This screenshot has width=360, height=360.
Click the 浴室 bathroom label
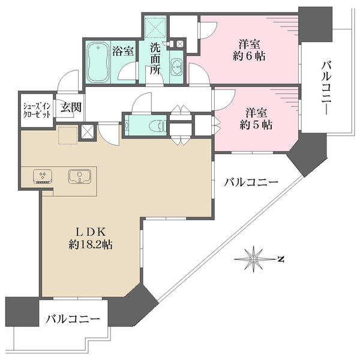123,52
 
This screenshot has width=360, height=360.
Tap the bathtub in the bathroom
97,63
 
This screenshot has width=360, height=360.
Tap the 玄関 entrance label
70,108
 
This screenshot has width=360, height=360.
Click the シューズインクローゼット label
37,111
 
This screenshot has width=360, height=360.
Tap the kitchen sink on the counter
80,176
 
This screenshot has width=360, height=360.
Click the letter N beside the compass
281,259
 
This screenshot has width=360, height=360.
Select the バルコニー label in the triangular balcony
251,182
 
